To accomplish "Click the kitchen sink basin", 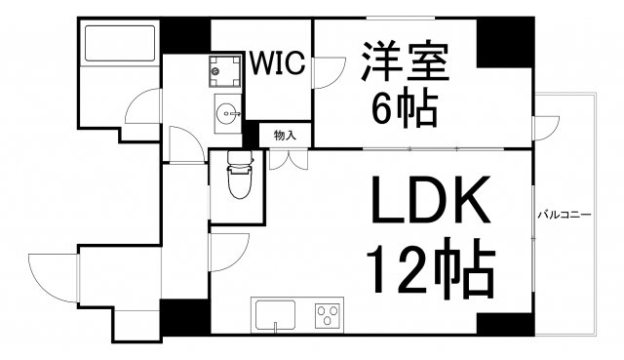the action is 275,316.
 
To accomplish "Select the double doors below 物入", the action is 285,159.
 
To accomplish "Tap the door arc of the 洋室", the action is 329,72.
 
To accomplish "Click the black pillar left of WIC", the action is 185,36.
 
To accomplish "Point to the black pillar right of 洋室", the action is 504,40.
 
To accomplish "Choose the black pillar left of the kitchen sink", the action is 184,316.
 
